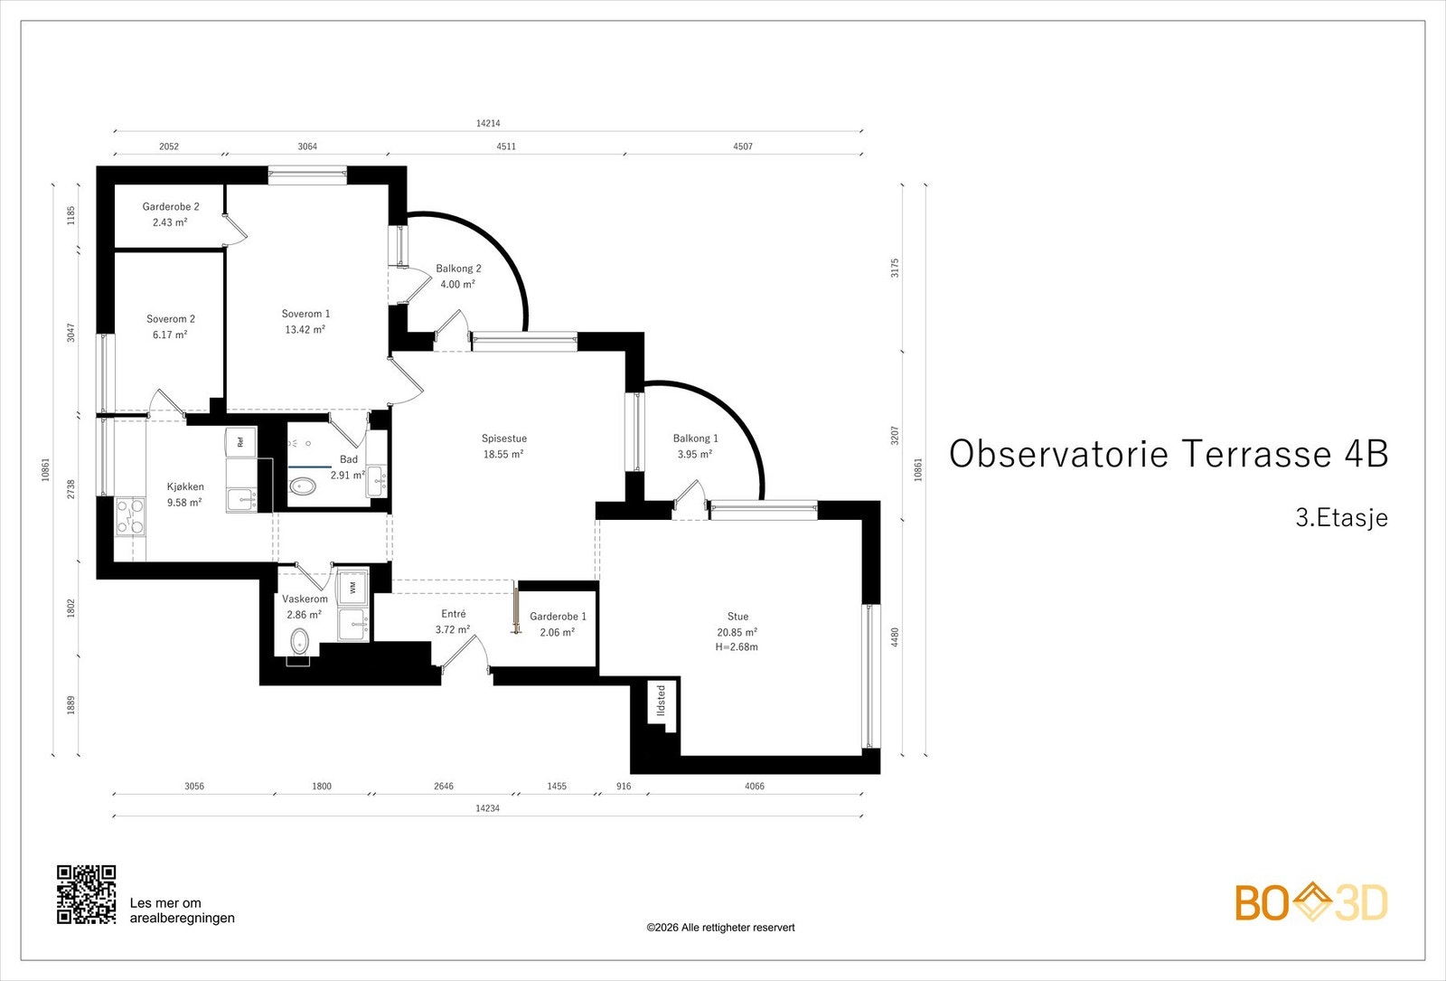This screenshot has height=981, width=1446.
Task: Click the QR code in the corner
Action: click(x=87, y=894)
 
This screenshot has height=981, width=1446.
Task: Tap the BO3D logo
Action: click(x=1311, y=902)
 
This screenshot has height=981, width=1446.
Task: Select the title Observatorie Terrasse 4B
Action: click(x=1169, y=453)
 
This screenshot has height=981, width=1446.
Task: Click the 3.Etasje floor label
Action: click(x=1341, y=517)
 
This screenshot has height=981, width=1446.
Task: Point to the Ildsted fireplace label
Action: click(x=661, y=702)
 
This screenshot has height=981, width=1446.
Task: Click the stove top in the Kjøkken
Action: click(x=130, y=516)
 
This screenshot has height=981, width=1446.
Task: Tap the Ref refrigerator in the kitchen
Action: click(x=240, y=442)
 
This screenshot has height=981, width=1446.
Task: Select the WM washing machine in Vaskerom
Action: click(x=353, y=588)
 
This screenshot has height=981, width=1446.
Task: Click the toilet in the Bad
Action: click(x=302, y=486)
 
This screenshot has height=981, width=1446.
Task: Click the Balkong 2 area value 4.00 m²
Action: click(x=457, y=284)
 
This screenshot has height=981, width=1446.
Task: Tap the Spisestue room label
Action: click(x=504, y=439)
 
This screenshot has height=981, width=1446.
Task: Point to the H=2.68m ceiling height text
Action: click(x=737, y=646)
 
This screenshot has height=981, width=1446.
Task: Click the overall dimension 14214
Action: click(x=488, y=123)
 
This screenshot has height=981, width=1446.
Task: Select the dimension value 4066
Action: click(x=755, y=786)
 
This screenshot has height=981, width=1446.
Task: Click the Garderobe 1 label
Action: click(x=558, y=617)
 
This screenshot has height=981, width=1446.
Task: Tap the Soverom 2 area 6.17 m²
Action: click(x=170, y=335)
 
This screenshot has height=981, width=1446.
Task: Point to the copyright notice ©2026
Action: click(x=720, y=928)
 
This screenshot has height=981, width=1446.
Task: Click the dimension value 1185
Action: click(x=71, y=215)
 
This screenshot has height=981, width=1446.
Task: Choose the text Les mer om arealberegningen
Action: click(x=182, y=910)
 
